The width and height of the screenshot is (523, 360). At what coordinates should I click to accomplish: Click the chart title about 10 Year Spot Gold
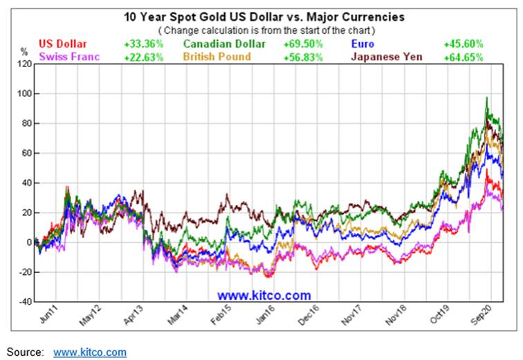point(264,16)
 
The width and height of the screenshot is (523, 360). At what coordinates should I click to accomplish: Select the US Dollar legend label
point(65,44)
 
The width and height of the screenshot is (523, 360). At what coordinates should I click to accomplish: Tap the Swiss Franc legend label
point(70,57)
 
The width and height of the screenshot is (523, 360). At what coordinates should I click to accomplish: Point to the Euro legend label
point(364,44)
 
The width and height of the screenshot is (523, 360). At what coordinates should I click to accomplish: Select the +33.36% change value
point(143,44)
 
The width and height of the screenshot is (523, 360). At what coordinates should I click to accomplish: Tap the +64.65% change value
point(463,57)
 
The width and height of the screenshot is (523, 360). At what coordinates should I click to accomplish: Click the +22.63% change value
point(143,57)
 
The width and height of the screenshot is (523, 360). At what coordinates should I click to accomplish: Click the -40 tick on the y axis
point(24,302)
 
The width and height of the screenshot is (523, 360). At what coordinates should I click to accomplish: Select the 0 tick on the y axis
point(28,242)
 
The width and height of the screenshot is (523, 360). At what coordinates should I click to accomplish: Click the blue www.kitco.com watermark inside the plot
point(268,296)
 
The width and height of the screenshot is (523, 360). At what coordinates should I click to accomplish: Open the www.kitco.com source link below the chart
point(90,352)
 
